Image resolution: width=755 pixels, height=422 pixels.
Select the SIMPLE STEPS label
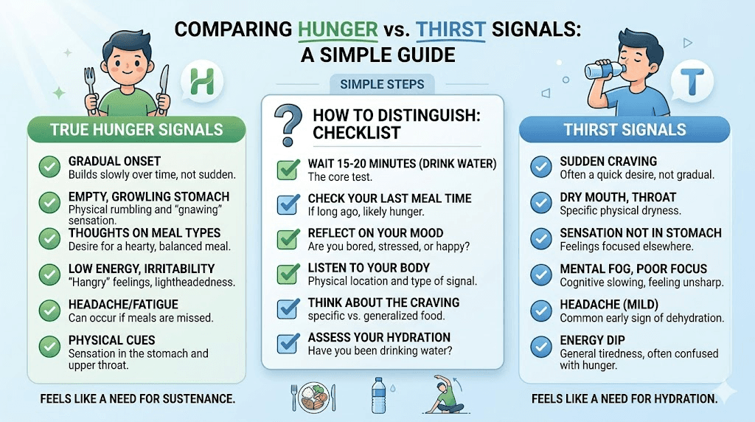382,84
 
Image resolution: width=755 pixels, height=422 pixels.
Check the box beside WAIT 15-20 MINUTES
287,170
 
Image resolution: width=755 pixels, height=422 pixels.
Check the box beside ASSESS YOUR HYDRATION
287,344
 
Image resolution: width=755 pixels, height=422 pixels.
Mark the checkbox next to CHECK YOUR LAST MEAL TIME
287,205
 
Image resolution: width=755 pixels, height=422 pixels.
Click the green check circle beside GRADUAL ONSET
50,167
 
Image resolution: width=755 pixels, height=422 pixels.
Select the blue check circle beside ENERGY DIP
541,345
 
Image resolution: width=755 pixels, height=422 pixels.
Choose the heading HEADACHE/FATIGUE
123,304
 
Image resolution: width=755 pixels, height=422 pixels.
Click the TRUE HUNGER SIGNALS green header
136,131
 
